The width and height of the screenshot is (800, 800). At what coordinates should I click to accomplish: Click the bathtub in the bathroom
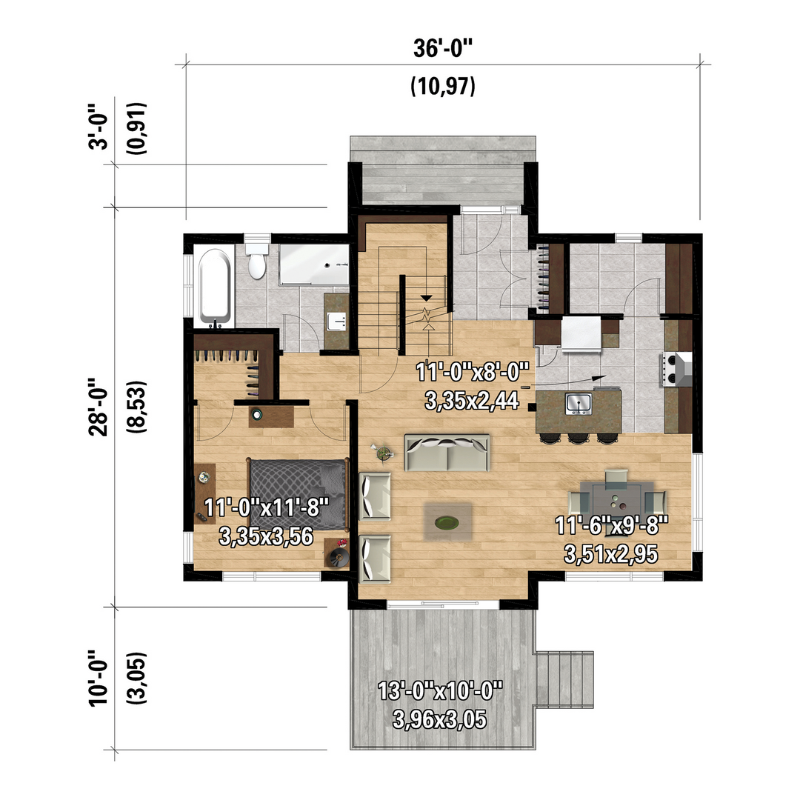[214, 287]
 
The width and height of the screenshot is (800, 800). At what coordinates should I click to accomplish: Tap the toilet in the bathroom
[257, 261]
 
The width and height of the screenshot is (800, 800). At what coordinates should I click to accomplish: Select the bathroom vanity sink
[337, 322]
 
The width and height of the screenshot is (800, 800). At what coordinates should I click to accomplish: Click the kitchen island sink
[579, 404]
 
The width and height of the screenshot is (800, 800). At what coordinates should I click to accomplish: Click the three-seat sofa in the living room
[447, 453]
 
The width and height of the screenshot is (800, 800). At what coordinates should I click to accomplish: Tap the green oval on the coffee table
[447, 522]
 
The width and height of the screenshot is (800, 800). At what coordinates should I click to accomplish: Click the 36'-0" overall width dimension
[443, 49]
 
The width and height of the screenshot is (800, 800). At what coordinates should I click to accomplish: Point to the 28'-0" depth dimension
[99, 407]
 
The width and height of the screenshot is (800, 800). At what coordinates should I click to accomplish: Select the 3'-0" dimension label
[99, 127]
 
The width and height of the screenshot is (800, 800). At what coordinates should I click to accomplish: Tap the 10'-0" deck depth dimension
[99, 678]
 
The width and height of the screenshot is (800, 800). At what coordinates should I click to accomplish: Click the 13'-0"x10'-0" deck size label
[440, 692]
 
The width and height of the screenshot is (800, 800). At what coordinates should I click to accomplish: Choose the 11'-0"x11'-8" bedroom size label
[267, 507]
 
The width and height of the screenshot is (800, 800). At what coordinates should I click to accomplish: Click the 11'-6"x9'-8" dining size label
[611, 525]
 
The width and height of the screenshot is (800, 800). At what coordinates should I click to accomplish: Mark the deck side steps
[563, 679]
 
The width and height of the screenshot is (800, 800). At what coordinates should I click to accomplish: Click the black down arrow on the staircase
[427, 298]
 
